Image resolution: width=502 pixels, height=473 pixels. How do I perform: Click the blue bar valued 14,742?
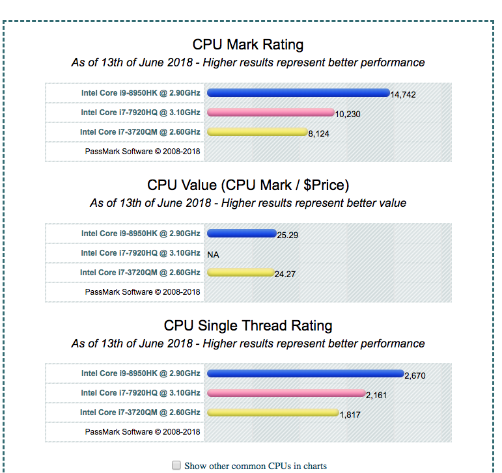point(298,93)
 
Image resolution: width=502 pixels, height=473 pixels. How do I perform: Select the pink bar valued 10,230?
point(270,113)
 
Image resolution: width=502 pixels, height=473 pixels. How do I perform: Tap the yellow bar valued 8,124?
point(257,132)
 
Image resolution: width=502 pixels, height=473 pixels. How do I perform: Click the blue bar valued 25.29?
point(241,234)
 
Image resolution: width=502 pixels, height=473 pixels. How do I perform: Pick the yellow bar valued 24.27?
point(240,273)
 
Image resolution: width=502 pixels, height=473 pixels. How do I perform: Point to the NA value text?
point(213,254)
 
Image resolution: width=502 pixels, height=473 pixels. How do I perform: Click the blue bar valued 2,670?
point(305,373)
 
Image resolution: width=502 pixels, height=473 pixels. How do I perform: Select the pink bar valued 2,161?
point(286,393)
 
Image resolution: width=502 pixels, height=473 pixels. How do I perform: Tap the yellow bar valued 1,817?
point(273,412)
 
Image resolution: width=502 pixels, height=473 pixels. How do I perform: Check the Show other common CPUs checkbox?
point(176,465)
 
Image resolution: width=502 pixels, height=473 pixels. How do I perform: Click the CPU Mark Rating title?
point(247,45)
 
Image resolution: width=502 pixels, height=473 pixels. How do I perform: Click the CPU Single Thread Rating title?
point(247,325)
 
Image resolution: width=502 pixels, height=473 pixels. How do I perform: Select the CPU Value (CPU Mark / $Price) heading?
point(247,185)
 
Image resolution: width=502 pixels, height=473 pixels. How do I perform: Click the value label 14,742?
point(403,95)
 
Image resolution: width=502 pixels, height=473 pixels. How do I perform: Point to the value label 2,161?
point(376,395)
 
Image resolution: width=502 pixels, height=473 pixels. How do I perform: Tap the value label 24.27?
point(285,275)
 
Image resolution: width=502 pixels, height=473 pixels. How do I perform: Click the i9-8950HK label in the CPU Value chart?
point(141,234)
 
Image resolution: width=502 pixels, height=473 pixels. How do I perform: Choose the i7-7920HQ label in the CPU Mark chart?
point(141,113)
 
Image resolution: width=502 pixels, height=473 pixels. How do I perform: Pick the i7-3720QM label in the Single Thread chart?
point(140,412)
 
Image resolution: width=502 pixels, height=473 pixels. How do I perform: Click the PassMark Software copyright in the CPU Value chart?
point(143,292)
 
